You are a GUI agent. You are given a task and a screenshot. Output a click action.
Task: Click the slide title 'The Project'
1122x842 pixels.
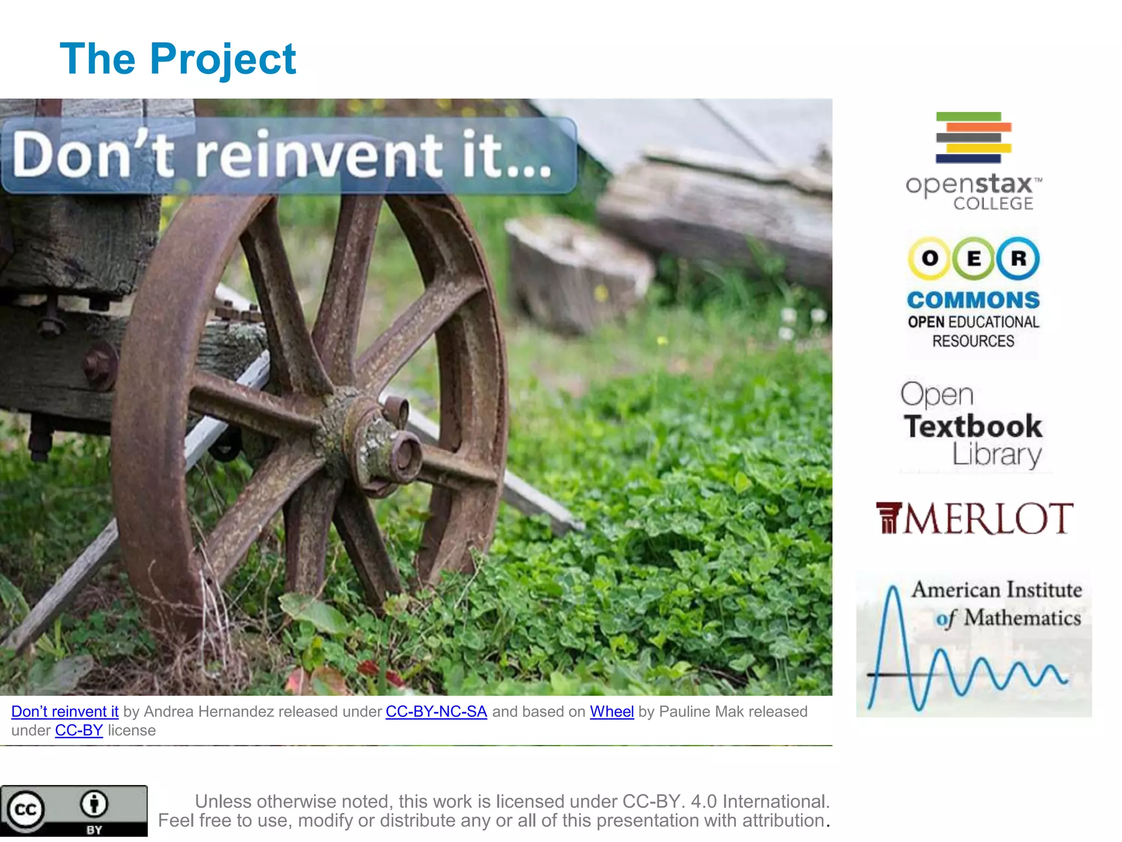[178, 59]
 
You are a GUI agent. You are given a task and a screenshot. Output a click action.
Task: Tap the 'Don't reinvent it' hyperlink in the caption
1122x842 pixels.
[65, 712]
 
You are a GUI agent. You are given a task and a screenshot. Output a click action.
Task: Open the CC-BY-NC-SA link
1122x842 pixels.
[436, 712]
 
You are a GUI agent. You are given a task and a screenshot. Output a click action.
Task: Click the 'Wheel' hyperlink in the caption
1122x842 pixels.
[611, 712]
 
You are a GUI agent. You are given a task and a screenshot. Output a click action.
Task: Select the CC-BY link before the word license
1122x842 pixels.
[79, 730]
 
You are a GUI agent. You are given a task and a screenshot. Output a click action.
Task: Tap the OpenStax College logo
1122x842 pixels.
[974, 162]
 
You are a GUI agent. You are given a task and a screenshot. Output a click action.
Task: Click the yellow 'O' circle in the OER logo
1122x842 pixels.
[930, 258]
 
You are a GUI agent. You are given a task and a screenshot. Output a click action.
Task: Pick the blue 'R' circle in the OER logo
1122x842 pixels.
[1018, 258]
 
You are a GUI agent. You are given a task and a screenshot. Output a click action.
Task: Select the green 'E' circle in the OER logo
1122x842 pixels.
[974, 258]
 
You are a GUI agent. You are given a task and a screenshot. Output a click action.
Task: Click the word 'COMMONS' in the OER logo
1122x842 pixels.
[974, 300]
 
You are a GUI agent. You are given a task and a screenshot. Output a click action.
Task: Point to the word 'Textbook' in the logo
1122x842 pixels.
[973, 426]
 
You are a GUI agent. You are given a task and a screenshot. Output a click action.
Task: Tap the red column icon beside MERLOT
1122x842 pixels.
[888, 518]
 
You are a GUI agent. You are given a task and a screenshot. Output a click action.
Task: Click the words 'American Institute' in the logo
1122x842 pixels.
[997, 590]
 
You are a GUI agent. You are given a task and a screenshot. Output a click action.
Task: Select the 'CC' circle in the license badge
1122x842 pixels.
[25, 810]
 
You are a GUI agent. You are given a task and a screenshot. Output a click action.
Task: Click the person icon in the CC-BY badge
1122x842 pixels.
[94, 804]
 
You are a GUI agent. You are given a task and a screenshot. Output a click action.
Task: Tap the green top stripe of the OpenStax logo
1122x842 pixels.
[968, 116]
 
